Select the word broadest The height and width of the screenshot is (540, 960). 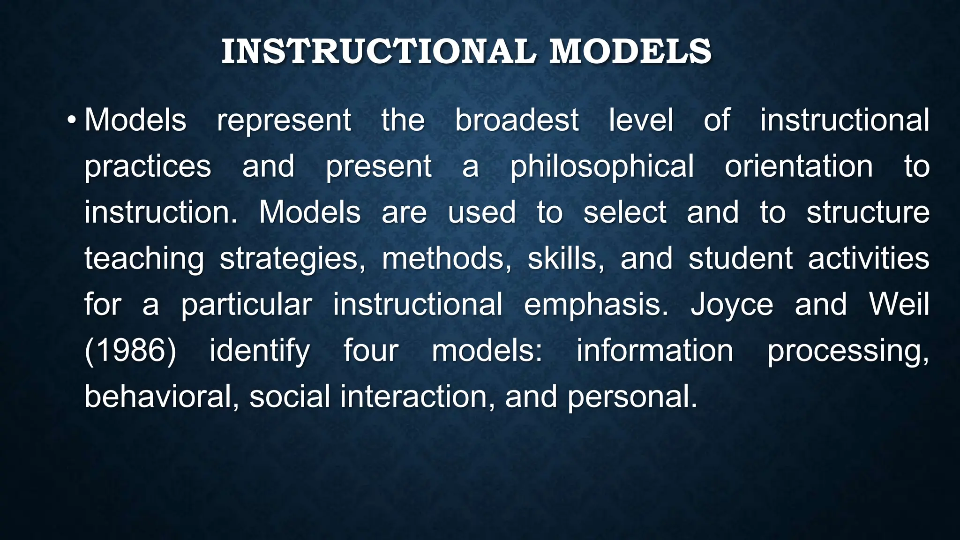pos(517,120)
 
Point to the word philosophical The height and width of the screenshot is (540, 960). pos(602,166)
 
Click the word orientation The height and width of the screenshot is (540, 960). pos(799,166)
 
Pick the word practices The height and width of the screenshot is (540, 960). pos(148,166)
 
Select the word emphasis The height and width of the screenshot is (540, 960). pos(596,305)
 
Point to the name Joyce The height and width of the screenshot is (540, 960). pos(732,305)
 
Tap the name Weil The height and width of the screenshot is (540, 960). pos(899,305)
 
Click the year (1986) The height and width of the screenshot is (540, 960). pos(130,351)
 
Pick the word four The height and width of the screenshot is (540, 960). pos(371,351)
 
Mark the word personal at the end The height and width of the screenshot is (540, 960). pos(632,397)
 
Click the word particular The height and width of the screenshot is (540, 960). pos(247,305)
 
